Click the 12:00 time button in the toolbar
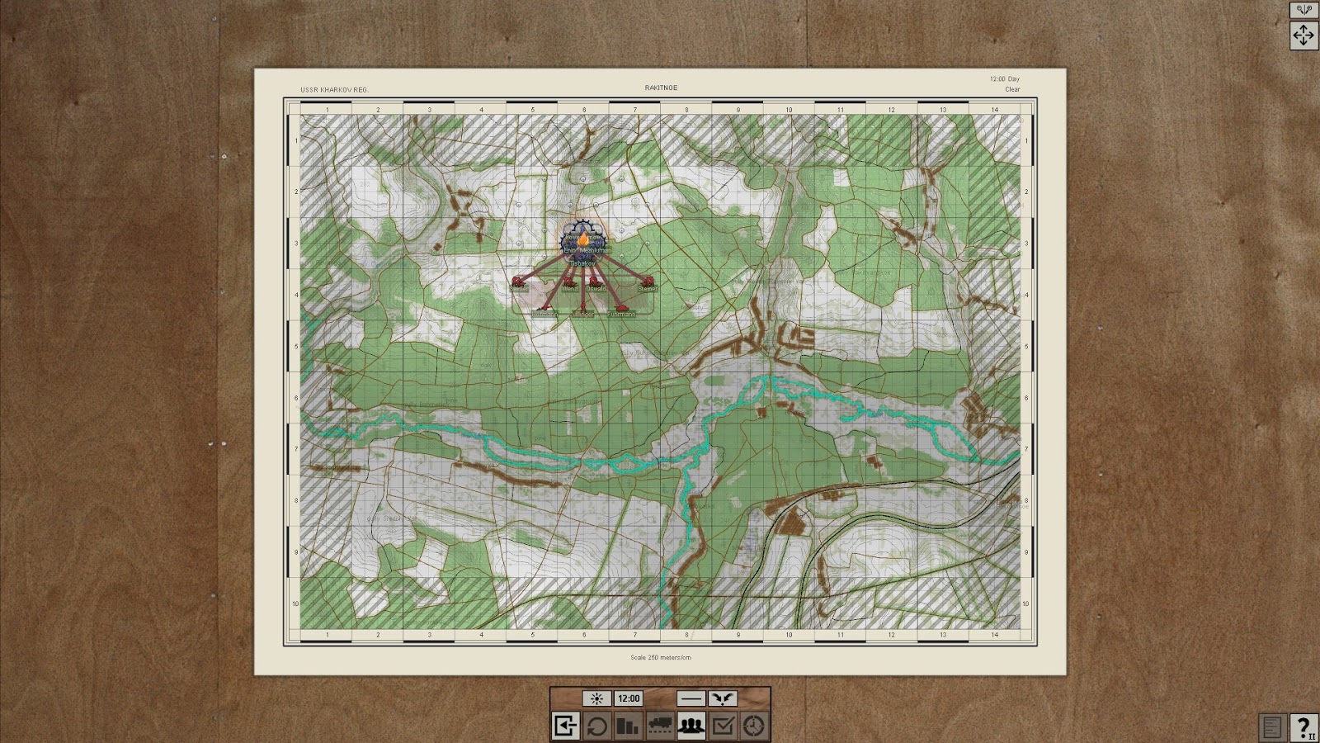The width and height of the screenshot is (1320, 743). tap(629, 698)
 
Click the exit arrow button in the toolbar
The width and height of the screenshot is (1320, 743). tap(565, 726)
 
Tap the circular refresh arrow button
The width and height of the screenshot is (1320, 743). tap(596, 726)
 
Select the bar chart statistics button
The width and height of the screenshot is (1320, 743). tap(628, 726)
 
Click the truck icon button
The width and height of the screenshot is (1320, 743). tap(660, 726)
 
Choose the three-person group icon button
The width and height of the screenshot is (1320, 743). tap(691, 726)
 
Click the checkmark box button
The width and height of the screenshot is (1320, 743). tap(723, 726)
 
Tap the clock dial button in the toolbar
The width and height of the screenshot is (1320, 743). tap(754, 726)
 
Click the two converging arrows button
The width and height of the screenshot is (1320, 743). tap(723, 698)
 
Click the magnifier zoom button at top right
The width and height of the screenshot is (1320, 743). tap(1303, 10)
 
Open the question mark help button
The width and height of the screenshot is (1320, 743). tap(1303, 727)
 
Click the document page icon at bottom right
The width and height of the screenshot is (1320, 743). tap(1272, 727)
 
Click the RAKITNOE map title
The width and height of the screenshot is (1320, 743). tap(661, 88)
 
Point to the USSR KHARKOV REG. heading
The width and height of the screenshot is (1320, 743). tap(334, 89)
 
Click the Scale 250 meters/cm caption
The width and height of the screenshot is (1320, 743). tap(661, 657)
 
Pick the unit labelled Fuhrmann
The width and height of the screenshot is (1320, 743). tap(621, 311)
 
